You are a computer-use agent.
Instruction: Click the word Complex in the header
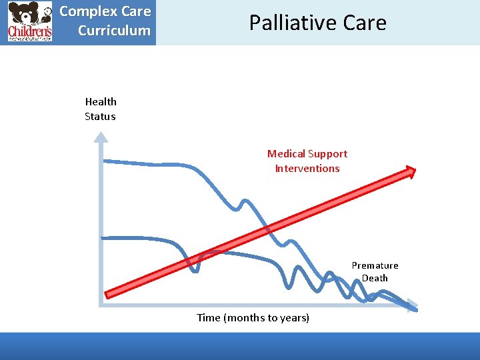pyautogui.click(x=83, y=12)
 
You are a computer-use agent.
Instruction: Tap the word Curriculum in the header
pyautogui.click(x=114, y=31)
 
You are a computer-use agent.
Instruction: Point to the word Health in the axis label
pyautogui.click(x=101, y=102)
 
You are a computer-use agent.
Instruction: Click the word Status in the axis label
pyautogui.click(x=100, y=117)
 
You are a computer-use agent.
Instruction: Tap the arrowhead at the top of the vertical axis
pyautogui.click(x=100, y=138)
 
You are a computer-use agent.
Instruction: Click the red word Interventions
pyautogui.click(x=307, y=169)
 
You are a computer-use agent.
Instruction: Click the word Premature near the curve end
pyautogui.click(x=375, y=265)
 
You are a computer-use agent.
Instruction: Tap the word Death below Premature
pyautogui.click(x=375, y=279)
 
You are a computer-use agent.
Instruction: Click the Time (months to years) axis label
pyautogui.click(x=253, y=318)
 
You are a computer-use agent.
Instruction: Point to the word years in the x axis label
pyautogui.click(x=295, y=318)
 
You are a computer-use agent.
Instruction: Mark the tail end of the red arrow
pyautogui.click(x=109, y=293)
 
